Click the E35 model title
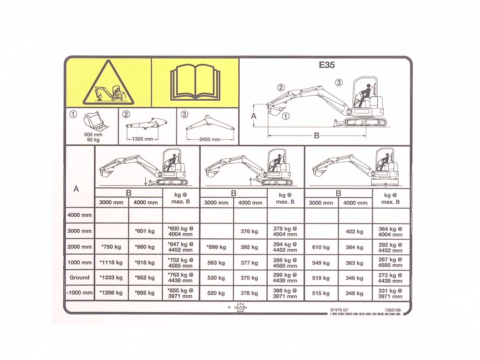tap(327, 65)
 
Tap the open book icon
tap(195, 82)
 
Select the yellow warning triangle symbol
tap(108, 83)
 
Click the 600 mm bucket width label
tap(93, 135)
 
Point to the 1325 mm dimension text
tap(143, 139)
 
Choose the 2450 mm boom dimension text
tap(210, 139)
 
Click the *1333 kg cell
tap(111, 278)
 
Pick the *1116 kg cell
tap(111, 262)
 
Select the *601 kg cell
tap(145, 231)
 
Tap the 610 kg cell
tap(321, 247)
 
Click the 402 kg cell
tap(354, 231)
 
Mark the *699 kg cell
tap(216, 247)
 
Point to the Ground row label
tap(79, 277)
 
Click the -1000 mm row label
tap(80, 292)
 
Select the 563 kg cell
tap(216, 263)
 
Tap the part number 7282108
tap(393, 310)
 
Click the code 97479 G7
tap(339, 310)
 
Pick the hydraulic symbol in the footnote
tap(240, 308)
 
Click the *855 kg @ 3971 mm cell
tap(180, 293)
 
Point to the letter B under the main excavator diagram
tap(317, 136)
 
